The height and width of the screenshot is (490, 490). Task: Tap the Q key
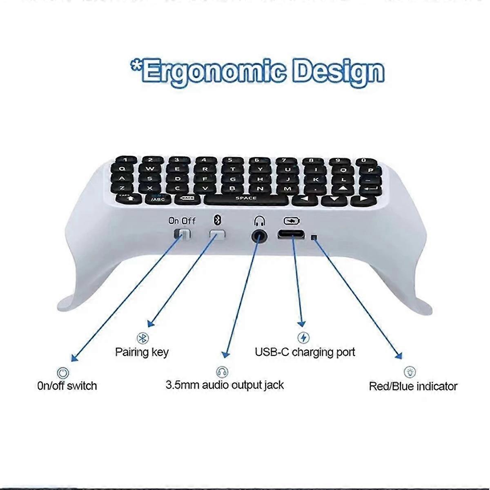coord(123,168)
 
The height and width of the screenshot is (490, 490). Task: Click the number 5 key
coord(230,160)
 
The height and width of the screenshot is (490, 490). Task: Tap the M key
coord(288,188)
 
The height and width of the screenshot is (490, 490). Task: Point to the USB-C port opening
coord(291,235)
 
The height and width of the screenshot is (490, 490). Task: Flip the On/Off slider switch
coord(182,234)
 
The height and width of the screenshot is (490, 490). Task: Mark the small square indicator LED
coord(314,237)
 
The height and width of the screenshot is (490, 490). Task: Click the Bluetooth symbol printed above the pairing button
coord(218,220)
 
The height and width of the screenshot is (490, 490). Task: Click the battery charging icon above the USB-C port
coord(292,221)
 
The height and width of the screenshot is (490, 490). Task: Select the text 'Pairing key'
coord(142,352)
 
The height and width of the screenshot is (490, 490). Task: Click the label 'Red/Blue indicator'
coord(413,386)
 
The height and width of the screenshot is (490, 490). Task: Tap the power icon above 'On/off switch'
coord(62,372)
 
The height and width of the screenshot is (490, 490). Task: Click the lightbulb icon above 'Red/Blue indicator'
coord(410,372)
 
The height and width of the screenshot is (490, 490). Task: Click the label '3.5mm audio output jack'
coord(225,385)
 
